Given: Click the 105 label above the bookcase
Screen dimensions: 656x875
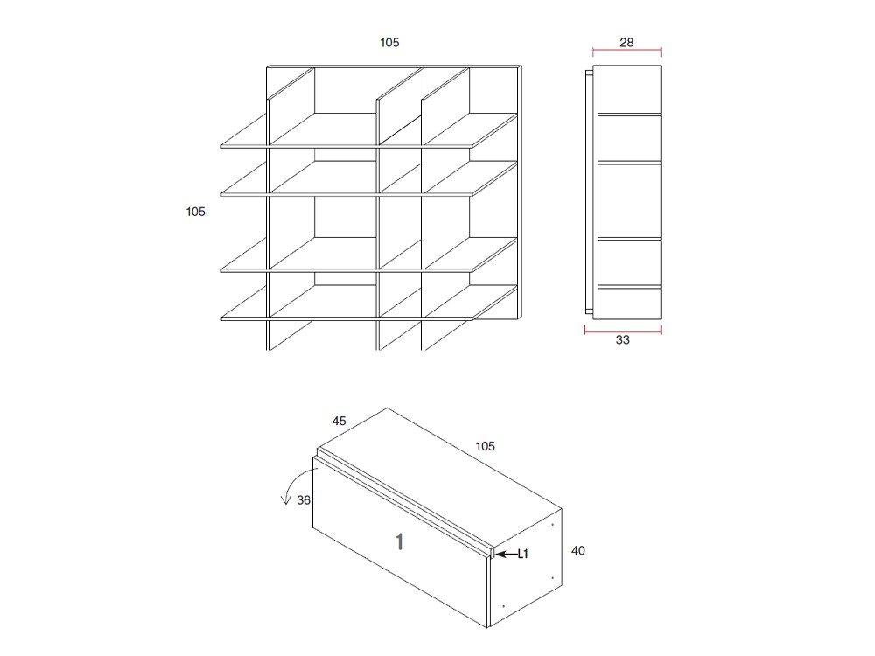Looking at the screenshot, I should (389, 43).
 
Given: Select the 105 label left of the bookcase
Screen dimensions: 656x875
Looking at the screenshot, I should (195, 212).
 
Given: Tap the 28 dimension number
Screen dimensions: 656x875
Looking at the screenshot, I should (626, 42).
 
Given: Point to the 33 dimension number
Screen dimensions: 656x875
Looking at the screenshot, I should (622, 340).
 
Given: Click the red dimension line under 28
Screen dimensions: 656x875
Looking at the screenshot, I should (626, 52).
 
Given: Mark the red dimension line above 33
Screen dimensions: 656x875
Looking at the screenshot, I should (622, 330).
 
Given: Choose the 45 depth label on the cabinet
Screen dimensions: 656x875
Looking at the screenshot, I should (339, 421).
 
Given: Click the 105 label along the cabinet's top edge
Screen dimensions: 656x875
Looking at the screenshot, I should (485, 446).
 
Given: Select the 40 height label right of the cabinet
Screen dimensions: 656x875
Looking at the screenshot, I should (577, 551).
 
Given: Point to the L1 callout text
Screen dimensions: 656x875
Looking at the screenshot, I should (523, 554).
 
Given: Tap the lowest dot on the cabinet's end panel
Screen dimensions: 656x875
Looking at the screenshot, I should (504, 606).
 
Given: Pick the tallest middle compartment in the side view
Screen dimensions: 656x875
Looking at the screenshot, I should (628, 200).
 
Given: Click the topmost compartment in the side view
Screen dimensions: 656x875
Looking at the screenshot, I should (628, 89).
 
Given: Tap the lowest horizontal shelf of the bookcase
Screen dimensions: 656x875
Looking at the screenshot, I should (350, 310).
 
